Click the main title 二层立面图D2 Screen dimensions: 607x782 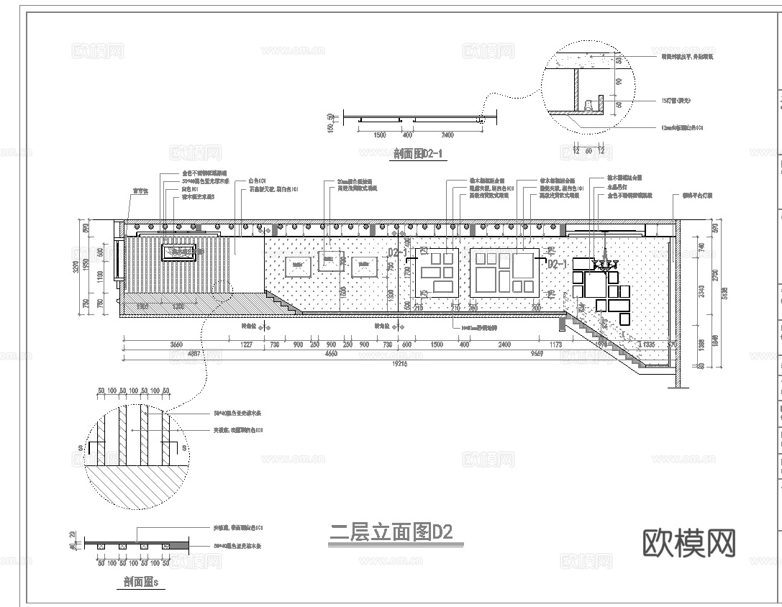pyautogui.click(x=391, y=533)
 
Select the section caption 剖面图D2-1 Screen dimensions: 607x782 pyautogui.click(x=417, y=153)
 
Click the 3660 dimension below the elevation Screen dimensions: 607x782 pyautogui.click(x=176, y=345)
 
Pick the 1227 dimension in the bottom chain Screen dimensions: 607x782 pyautogui.click(x=246, y=345)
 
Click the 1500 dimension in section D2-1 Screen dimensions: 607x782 pyautogui.click(x=380, y=135)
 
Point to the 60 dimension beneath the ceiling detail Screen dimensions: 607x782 pyautogui.click(x=588, y=151)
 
